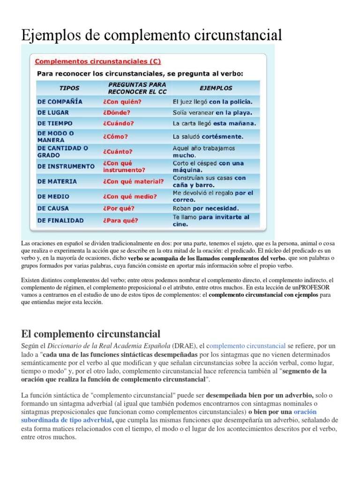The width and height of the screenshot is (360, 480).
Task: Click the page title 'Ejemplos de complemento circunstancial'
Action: (152, 35)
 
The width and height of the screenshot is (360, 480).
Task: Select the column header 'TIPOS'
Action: (69, 88)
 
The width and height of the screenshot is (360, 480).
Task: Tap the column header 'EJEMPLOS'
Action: (216, 88)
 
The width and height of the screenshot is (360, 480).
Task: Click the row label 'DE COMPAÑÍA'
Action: (60, 101)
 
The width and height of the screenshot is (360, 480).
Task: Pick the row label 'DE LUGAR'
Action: (53, 112)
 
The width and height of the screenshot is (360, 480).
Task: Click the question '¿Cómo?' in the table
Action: (112, 137)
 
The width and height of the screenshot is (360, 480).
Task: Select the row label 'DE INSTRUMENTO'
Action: (66, 166)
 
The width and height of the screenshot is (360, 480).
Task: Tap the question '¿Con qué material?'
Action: (133, 181)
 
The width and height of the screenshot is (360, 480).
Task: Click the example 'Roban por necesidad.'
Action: (206, 208)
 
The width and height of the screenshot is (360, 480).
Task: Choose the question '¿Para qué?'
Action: (119, 220)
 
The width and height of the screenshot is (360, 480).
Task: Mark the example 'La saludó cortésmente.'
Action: (208, 137)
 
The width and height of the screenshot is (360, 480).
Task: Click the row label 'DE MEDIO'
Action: (53, 196)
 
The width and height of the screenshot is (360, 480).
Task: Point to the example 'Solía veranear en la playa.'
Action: (212, 112)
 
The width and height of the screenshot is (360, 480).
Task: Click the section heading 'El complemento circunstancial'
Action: (91, 334)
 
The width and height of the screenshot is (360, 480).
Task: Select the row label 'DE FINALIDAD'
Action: (60, 220)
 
